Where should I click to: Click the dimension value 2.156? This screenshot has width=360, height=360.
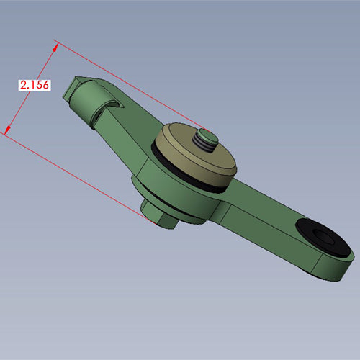coord(35,85)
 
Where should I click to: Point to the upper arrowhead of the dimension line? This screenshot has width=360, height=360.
coord(55,47)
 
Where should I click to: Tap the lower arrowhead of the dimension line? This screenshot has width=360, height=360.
coord(8,130)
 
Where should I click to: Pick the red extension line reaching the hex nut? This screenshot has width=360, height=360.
coord(78,177)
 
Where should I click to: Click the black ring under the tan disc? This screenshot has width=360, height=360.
coord(179,173)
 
